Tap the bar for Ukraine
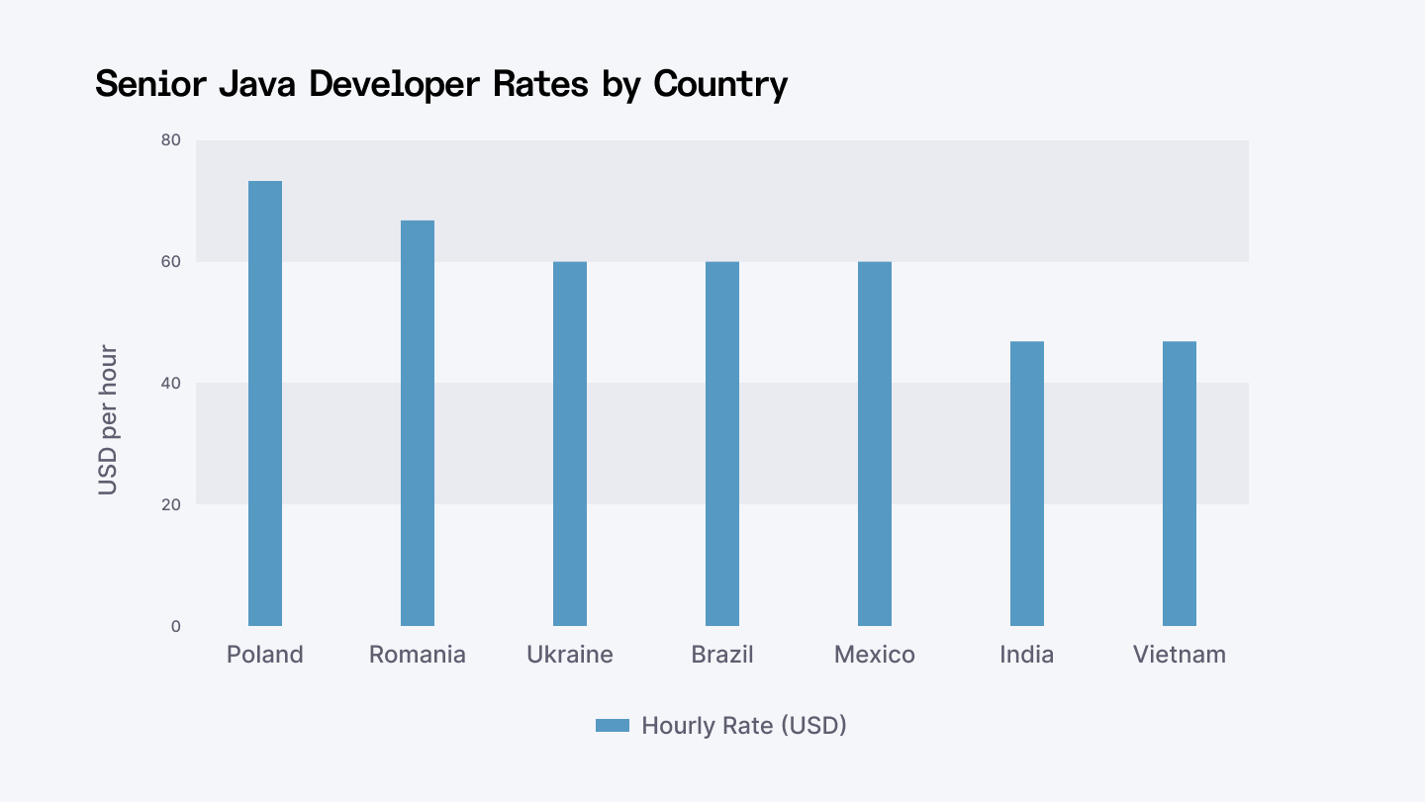point(570,444)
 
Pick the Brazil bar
point(722,444)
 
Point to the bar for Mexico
point(875,444)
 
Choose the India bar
point(1027,484)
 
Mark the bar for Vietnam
point(1180,484)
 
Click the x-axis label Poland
point(265,655)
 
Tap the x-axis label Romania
point(418,655)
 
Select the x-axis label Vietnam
point(1180,655)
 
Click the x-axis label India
point(1027,655)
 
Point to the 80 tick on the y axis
point(171,140)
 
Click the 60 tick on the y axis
point(171,262)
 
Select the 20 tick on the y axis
point(171,504)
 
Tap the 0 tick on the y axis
point(176,626)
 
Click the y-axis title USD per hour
point(108,419)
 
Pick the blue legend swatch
point(613,726)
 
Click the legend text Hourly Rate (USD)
point(744,726)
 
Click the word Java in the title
point(257,84)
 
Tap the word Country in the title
point(720,84)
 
